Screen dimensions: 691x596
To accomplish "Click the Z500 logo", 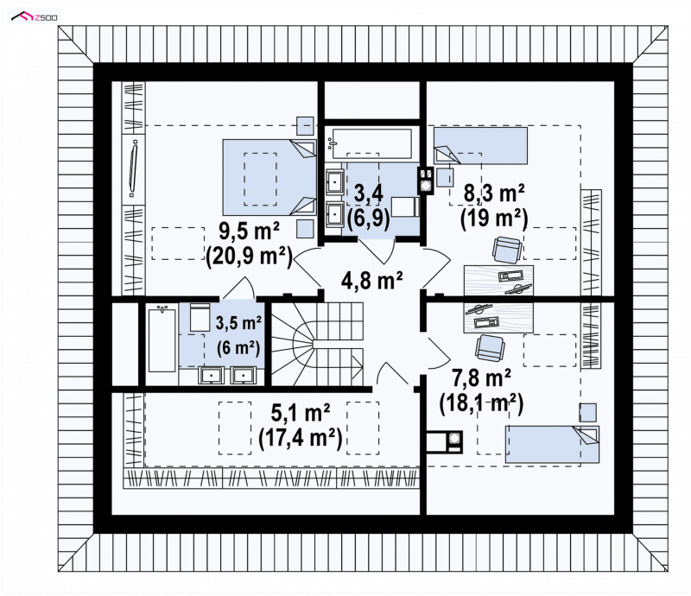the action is [x=35, y=16].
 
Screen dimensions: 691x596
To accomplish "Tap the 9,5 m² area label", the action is [x=249, y=231].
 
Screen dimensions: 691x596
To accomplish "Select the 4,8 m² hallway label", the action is [x=372, y=280].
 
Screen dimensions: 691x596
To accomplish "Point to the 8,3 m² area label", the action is [x=493, y=193].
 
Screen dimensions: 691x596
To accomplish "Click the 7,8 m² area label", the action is [x=481, y=377].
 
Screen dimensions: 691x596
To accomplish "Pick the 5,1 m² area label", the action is [x=300, y=413].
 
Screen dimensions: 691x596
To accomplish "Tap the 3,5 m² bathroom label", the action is [x=238, y=323].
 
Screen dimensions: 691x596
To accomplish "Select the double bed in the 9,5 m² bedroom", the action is [x=269, y=177].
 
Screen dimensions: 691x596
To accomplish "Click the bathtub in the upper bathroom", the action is [x=371, y=143].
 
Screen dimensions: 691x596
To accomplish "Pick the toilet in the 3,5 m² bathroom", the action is [x=200, y=317].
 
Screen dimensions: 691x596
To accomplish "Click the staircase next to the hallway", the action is [x=317, y=344].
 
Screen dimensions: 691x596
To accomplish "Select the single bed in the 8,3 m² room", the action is [x=480, y=146].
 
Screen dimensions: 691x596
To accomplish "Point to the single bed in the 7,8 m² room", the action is [x=552, y=444].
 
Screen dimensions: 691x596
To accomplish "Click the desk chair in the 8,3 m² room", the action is [x=507, y=250].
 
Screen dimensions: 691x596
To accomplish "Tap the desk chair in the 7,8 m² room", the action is [x=490, y=347].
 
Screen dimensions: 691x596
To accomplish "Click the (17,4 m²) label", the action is [x=300, y=438].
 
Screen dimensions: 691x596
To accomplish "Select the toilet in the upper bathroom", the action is [x=405, y=206].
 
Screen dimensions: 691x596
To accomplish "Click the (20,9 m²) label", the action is [x=249, y=257].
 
